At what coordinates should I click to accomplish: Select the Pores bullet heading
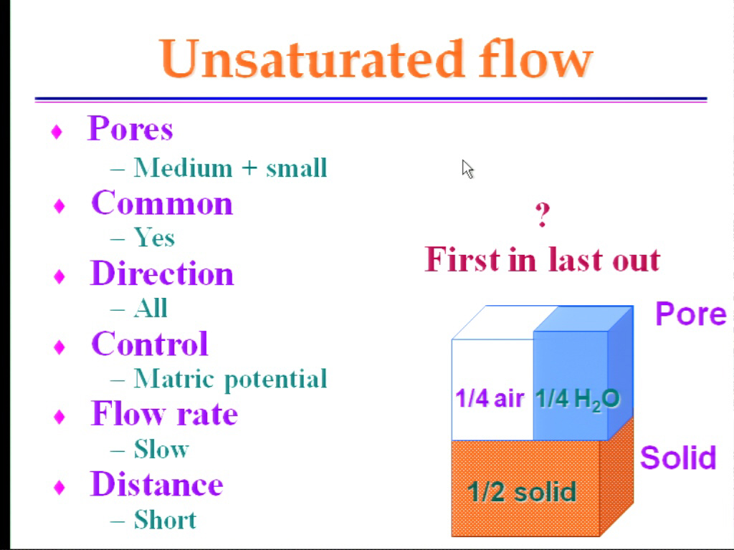(130, 128)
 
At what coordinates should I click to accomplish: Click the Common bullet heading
(162, 203)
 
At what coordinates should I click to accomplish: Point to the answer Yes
(154, 237)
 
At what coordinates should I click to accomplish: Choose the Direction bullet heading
(162, 273)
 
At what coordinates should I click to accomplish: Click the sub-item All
(151, 308)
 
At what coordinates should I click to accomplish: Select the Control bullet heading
(150, 343)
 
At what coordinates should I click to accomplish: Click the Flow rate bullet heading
(164, 413)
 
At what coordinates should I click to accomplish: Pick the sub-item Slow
(161, 449)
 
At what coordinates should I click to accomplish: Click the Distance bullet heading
(157, 483)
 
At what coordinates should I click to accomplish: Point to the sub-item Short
(165, 519)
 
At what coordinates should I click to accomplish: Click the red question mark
(543, 215)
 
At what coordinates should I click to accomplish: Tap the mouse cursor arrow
(467, 169)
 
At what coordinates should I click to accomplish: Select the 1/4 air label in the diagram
(490, 398)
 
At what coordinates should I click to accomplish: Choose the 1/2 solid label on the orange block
(522, 492)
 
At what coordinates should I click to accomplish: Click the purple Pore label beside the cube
(691, 314)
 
